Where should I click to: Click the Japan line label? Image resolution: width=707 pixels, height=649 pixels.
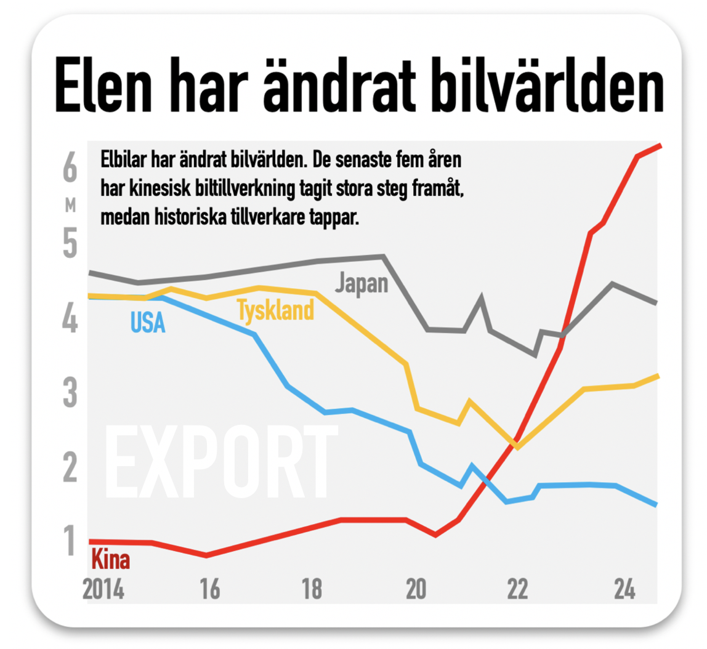(x=362, y=284)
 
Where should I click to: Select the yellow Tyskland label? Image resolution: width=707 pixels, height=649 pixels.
(x=275, y=310)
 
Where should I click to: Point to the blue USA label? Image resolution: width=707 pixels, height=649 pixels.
(x=148, y=323)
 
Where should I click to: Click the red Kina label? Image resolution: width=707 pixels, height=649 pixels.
(x=110, y=560)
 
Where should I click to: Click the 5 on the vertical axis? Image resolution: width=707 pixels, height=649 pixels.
(x=70, y=244)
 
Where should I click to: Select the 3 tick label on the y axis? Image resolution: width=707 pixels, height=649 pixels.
(x=70, y=394)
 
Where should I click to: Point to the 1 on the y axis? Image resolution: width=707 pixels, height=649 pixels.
(x=70, y=541)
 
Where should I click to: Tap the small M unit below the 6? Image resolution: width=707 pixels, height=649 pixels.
(x=70, y=205)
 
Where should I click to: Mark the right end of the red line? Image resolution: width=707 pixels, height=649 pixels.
(x=660, y=146)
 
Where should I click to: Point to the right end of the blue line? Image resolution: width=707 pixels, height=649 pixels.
(x=656, y=505)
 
